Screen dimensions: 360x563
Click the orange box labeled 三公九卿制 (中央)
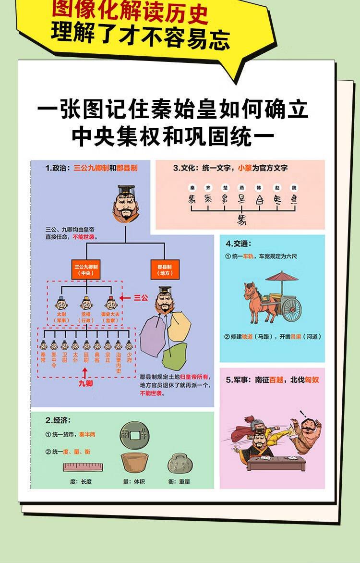coord(86,270)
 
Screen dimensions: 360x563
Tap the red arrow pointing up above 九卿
coord(85,372)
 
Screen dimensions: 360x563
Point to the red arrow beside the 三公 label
coord(125,298)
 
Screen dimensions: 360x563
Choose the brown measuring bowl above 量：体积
coord(133,463)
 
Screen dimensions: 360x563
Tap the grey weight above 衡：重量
coord(180,464)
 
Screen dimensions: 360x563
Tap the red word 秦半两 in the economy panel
coord(87,435)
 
